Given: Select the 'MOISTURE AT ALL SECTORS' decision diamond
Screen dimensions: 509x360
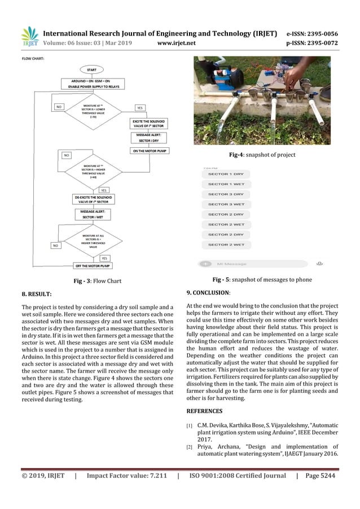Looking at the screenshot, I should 93,241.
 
